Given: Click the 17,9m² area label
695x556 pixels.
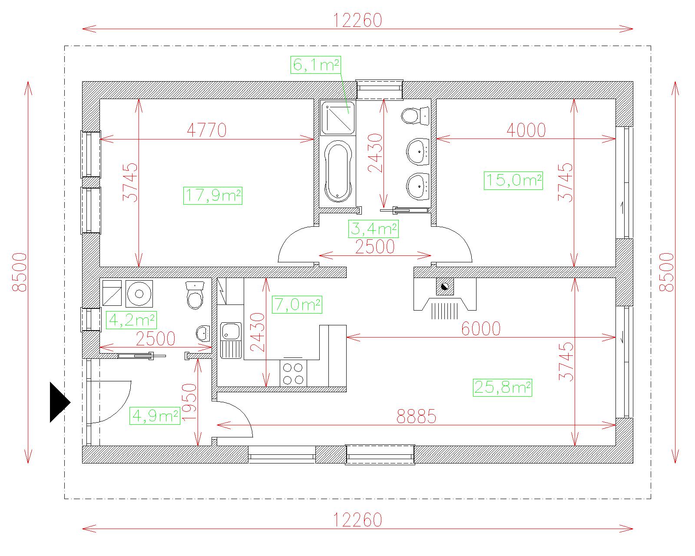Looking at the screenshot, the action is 213,196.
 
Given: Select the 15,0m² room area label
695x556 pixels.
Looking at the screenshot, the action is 513,181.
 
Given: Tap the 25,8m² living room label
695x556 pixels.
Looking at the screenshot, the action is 502,387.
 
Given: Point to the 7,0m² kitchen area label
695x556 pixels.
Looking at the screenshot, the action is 297,304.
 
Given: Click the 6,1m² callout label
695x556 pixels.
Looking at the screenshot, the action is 315,65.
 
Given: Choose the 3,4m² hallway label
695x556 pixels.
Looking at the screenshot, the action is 373,229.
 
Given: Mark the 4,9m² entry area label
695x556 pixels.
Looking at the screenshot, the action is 155,416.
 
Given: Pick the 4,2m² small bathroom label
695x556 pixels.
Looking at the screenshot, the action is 132,320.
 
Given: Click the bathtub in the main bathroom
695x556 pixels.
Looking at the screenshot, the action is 338,171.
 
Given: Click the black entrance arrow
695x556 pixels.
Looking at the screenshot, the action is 60,402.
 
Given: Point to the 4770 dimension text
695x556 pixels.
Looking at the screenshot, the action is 207,130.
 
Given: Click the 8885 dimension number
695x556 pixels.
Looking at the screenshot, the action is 416,417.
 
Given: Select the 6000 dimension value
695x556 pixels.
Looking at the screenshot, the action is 481,329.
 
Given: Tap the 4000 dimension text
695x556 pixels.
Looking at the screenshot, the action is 526,130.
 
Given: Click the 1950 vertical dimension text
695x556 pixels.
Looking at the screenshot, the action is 189,401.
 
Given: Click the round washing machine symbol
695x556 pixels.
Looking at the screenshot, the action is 139,293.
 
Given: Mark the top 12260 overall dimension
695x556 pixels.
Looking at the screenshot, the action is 357,20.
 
